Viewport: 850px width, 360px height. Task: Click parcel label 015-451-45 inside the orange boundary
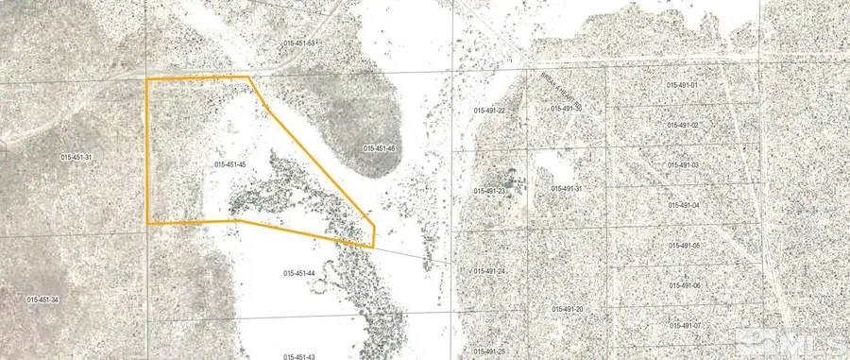coord(230,164)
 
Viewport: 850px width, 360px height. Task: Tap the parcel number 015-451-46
coord(379,148)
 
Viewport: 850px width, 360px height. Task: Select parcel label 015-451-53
coord(298,44)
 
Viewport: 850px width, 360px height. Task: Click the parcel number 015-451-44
coord(298,273)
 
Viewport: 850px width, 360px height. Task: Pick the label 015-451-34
coord(43,300)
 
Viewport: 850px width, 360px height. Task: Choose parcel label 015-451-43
coord(298,356)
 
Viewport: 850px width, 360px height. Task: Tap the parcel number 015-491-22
coord(489,111)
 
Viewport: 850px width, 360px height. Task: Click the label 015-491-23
coord(489,192)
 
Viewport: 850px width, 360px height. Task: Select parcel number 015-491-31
coord(566,189)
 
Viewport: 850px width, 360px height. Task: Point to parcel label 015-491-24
coord(489,272)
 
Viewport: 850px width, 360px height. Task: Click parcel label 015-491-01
coord(682,85)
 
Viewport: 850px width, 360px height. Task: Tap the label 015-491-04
coord(683,205)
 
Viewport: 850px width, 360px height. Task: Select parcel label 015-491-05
coord(683,246)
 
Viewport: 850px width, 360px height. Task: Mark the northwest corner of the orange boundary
coord(147,79)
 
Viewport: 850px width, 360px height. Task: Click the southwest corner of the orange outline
coord(147,223)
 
